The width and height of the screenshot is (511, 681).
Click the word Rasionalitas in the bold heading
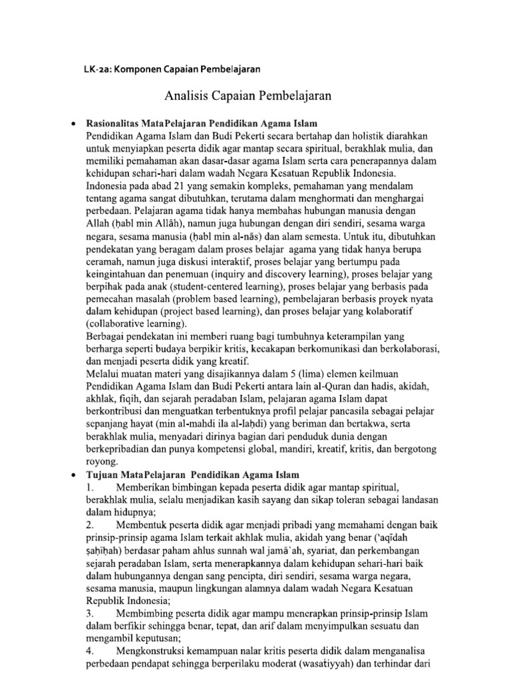(116, 124)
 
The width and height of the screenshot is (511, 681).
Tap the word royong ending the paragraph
(101, 461)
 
